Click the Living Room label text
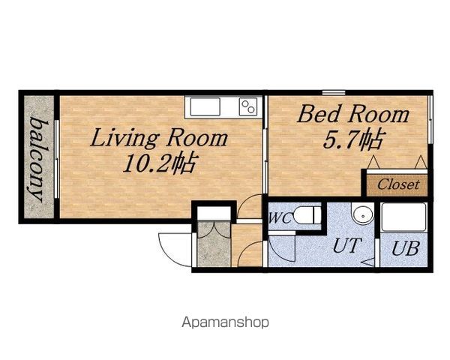pos(159,139)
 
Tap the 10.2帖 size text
pos(160,163)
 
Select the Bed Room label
pos(353,114)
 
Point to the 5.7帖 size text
pos(353,139)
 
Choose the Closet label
pos(399,184)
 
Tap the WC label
pos(280,218)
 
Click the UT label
pos(346,246)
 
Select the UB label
pos(406,248)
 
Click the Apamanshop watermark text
pos(225,322)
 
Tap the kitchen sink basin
pos(205,106)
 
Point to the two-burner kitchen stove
pos(248,106)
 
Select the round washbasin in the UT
pos(363,214)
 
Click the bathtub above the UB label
pos(403,217)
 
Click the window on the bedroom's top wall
pos(333,93)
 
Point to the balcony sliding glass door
pos(57,159)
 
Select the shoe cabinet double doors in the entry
pos(214,230)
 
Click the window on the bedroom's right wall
pos(430,119)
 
